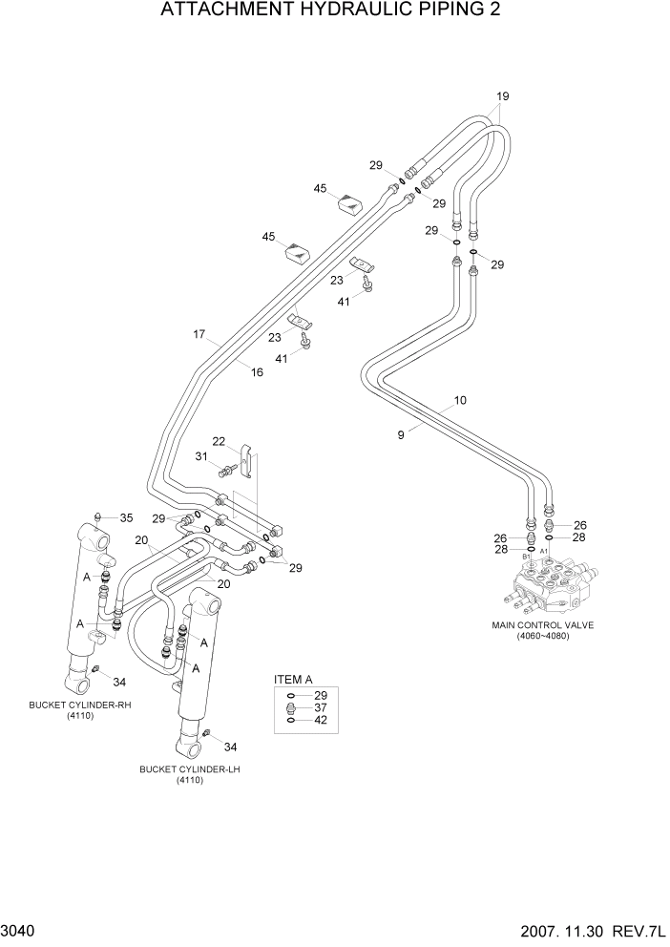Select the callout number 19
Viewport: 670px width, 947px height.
point(503,95)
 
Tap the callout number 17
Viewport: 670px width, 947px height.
point(199,334)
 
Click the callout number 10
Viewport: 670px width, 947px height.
point(460,401)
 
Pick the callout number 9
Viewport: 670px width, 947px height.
point(402,433)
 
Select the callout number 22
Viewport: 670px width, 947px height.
point(219,441)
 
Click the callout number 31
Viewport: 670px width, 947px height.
point(201,456)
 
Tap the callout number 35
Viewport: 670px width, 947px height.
point(126,517)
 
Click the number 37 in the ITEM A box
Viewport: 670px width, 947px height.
point(321,707)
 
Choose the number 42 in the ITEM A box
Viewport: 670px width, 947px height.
point(321,721)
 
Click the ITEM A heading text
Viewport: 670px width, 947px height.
point(293,679)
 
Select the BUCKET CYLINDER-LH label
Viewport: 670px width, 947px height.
point(188,768)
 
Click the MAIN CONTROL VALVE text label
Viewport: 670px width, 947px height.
point(542,626)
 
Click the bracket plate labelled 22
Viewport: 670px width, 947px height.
point(247,460)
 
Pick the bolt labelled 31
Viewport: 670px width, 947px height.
point(228,469)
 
